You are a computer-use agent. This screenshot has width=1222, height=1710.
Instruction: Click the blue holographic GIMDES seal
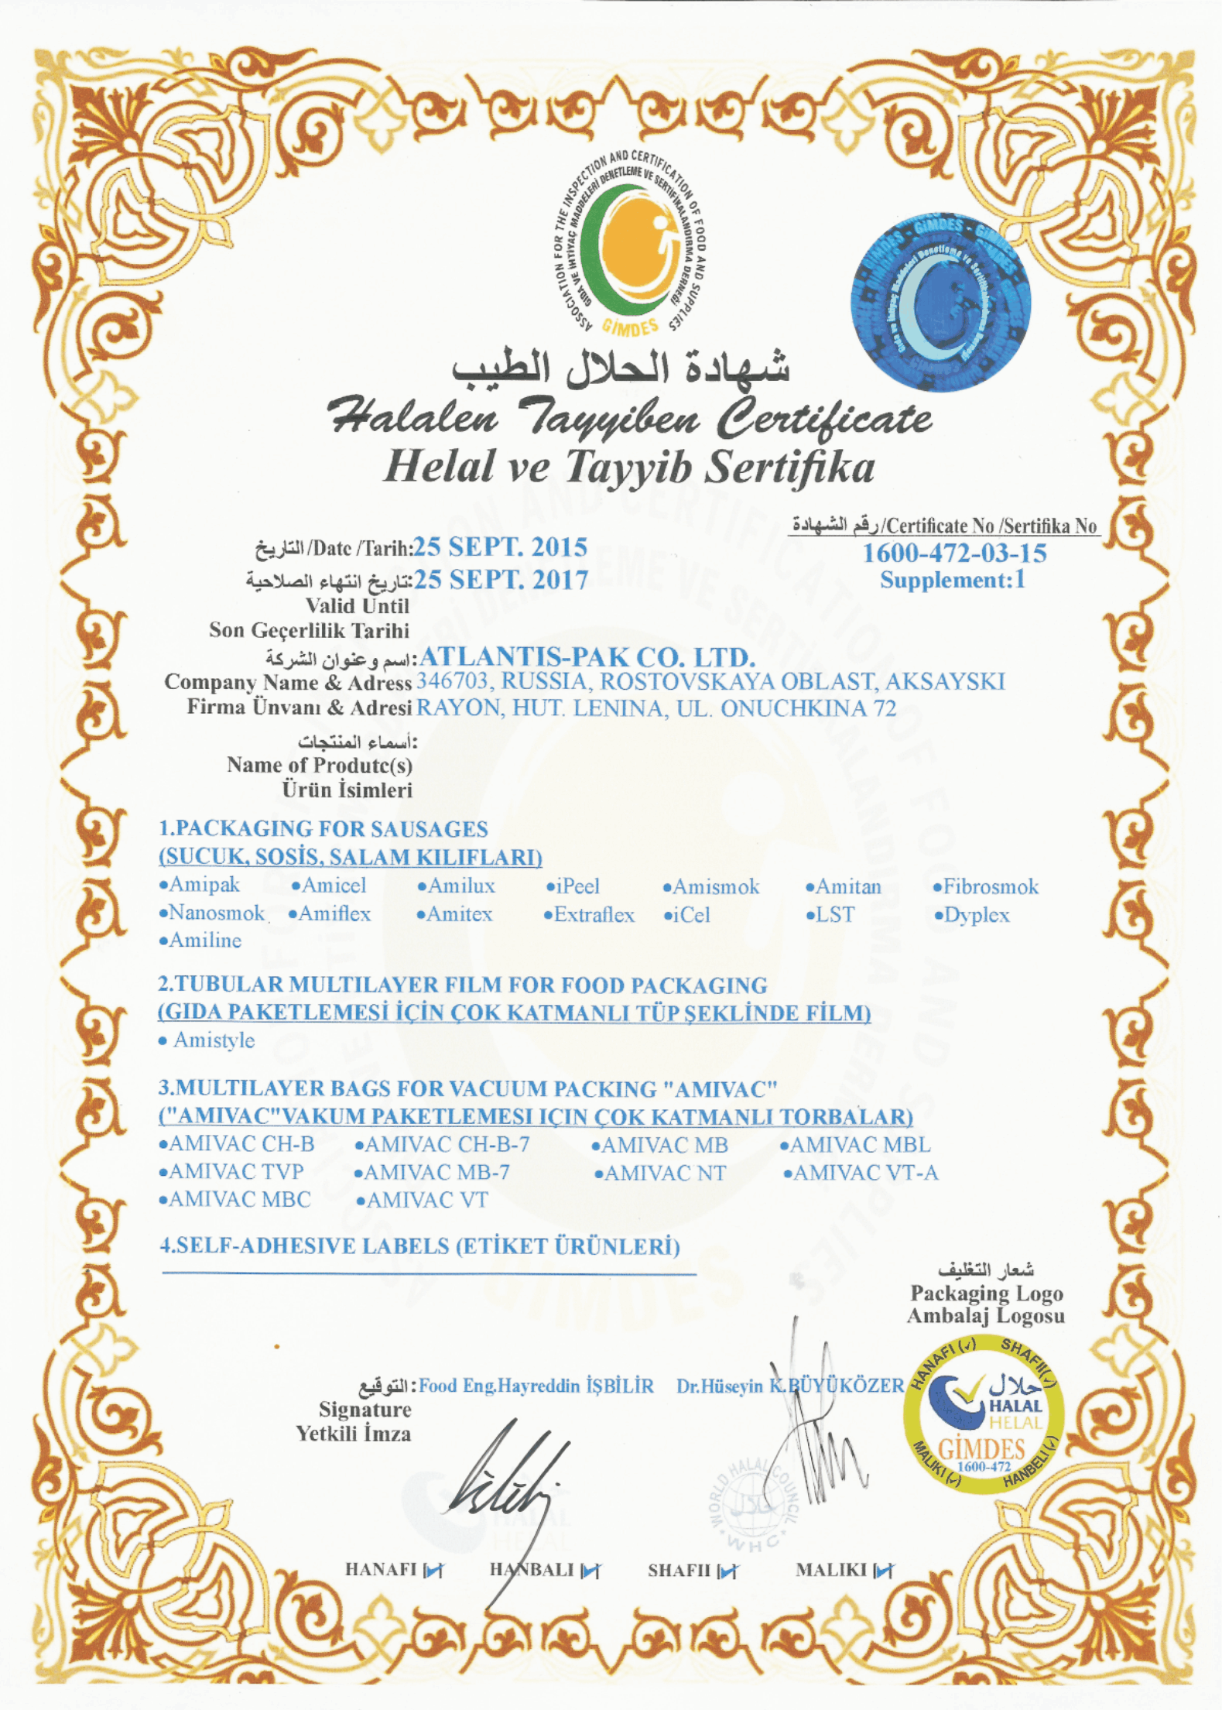940,302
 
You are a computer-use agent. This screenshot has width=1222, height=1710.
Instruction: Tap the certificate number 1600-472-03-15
954,553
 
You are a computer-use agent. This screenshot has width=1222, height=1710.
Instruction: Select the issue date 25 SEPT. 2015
500,547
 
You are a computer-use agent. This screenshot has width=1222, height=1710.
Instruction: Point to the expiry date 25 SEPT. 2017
501,580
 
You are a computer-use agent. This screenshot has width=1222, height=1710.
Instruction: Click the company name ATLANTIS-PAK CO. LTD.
586,657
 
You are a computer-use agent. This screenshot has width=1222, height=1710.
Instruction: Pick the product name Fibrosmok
986,887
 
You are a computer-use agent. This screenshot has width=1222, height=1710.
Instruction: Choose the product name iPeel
573,886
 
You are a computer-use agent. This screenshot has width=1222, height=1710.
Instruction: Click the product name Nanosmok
212,913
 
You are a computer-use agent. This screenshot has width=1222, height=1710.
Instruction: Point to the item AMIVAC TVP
231,1172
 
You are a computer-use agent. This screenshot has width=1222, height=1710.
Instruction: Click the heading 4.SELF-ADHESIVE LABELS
419,1246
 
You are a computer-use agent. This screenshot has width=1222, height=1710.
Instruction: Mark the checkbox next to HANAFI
434,1571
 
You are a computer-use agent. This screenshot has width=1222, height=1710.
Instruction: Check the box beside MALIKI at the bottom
884,1571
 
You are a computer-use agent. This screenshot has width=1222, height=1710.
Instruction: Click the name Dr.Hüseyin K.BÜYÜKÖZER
789,1386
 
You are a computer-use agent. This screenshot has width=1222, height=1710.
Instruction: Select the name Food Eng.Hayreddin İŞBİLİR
536,1386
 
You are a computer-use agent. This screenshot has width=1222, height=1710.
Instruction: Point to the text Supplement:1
953,581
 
